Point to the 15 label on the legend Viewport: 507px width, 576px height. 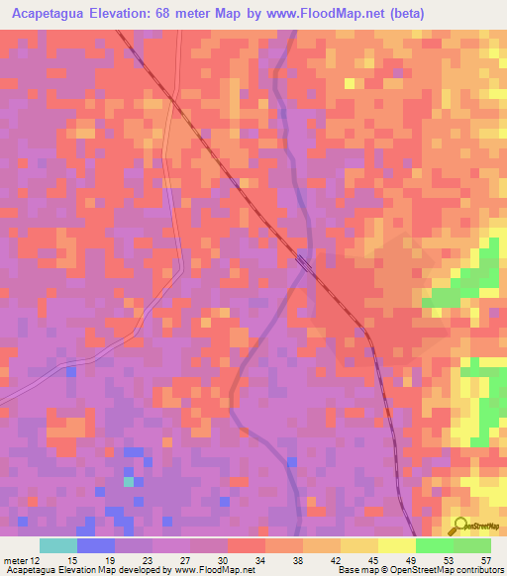click(73, 560)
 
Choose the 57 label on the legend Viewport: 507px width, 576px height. click(484, 560)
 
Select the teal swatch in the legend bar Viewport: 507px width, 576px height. click(58, 545)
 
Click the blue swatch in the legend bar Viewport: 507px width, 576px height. click(96, 545)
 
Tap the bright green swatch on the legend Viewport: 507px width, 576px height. click(435, 545)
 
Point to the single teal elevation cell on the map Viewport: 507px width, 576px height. click(129, 482)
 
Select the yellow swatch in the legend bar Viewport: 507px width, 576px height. click(397, 545)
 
